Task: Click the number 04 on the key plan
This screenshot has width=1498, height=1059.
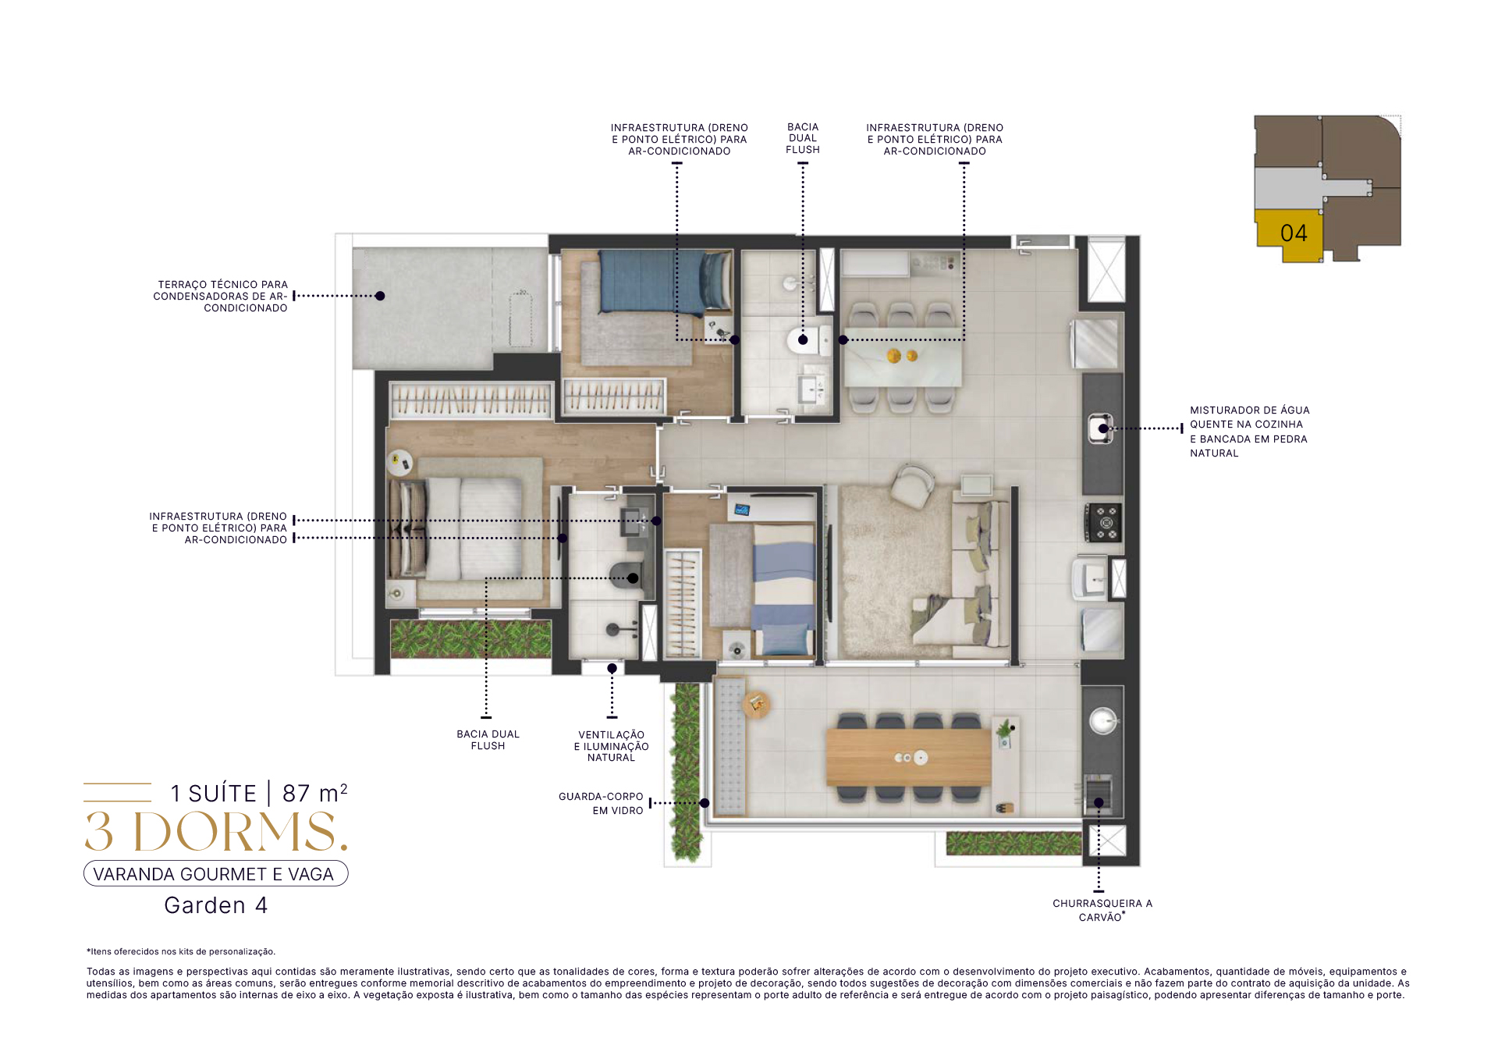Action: [1294, 233]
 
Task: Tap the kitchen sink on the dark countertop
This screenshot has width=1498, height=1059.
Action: [1101, 428]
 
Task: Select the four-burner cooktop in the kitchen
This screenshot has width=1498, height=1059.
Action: [1104, 523]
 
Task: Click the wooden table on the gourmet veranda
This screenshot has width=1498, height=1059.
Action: [908, 757]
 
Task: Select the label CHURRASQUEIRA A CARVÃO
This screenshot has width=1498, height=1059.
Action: [1102, 910]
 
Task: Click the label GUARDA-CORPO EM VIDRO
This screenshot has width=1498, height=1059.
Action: [601, 803]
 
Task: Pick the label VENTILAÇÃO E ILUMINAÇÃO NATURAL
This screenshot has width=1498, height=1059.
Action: [612, 746]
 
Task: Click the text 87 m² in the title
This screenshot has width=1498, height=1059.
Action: [314, 793]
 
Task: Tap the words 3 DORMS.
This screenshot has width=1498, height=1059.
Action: [216, 832]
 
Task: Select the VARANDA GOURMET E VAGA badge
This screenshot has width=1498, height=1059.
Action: [216, 874]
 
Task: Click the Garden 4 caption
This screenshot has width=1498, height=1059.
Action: [216, 905]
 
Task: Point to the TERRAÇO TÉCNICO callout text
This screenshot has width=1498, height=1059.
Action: [221, 297]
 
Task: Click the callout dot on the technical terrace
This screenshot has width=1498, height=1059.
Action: [380, 296]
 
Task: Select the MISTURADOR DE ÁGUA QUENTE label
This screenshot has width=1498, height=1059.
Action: [1249, 432]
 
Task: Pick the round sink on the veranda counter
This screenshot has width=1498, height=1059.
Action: [1103, 720]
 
